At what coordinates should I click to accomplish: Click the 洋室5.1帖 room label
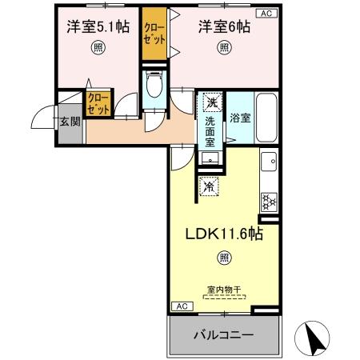[x=98, y=26]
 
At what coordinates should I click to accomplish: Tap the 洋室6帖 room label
[x=224, y=26]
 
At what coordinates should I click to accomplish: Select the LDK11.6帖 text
[x=222, y=234]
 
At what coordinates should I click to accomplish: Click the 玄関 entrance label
[x=69, y=122]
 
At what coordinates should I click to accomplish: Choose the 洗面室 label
[x=210, y=130]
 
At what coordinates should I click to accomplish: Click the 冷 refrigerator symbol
[x=209, y=187]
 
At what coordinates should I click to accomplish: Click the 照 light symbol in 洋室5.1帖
[x=98, y=47]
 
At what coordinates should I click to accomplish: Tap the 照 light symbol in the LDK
[x=223, y=257]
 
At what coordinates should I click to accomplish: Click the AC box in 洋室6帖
[x=265, y=12]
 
